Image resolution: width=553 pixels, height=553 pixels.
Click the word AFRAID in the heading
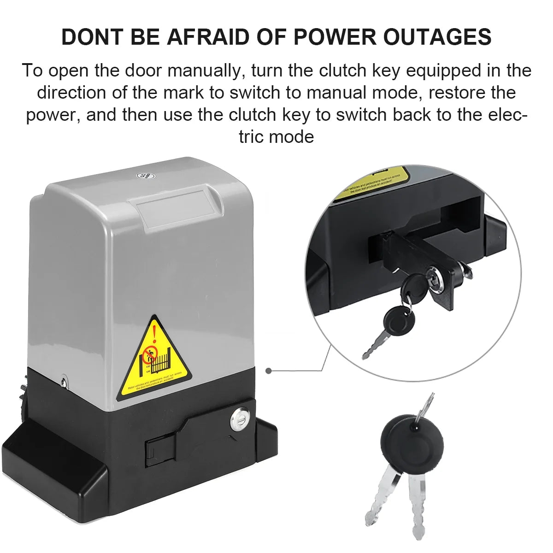pyautogui.click(x=208, y=37)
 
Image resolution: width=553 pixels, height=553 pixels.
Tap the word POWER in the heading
pyautogui.click(x=332, y=37)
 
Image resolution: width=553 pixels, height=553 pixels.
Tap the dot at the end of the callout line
pyautogui.click(x=268, y=370)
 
